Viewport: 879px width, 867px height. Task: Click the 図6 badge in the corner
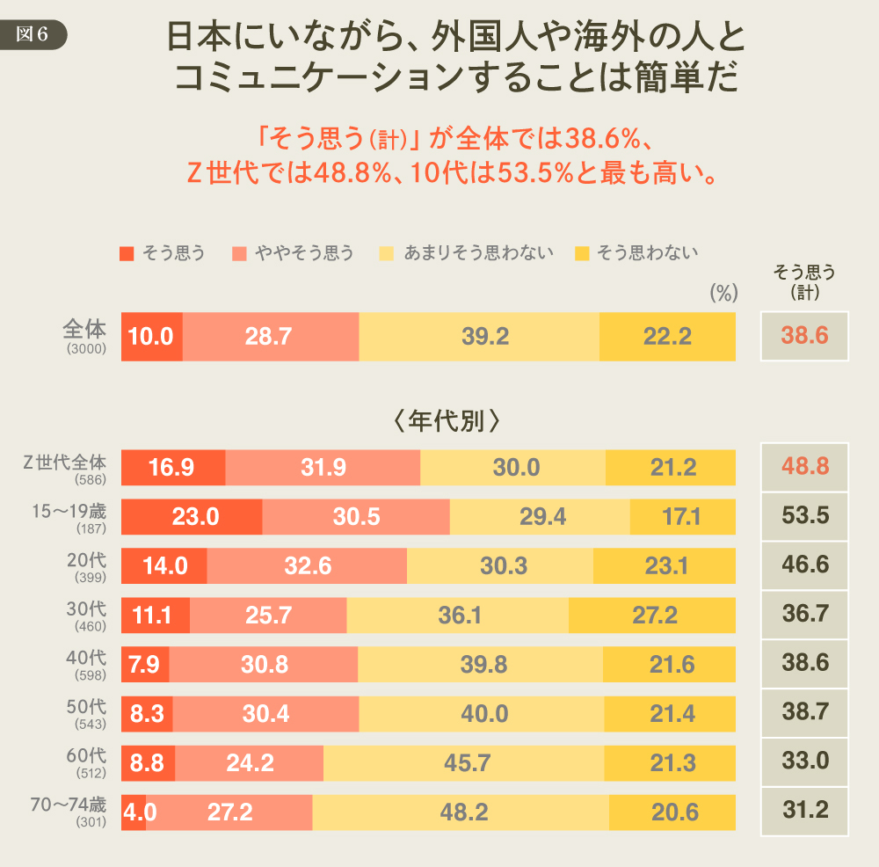pyautogui.click(x=33, y=33)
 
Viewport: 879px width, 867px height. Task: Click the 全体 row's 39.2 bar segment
pyautogui.click(x=479, y=336)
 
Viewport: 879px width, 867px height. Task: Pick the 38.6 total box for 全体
pyautogui.click(x=804, y=336)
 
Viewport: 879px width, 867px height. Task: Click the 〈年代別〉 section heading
pyautogui.click(x=447, y=419)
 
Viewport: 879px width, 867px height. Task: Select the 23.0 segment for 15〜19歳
pyautogui.click(x=192, y=516)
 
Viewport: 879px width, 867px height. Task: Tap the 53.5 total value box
pyautogui.click(x=804, y=516)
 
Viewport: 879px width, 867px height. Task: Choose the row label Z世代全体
pyautogui.click(x=64, y=462)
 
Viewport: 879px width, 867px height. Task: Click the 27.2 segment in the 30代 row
pyautogui.click(x=652, y=615)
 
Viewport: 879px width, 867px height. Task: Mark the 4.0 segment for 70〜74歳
pyautogui.click(x=134, y=811)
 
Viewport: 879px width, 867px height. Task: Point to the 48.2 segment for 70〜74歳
pyautogui.click(x=461, y=811)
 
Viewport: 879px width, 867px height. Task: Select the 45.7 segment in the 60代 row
pyautogui.click(x=466, y=762)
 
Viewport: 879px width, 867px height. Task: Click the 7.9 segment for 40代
pyautogui.click(x=145, y=664)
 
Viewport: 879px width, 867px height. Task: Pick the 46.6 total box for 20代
pyautogui.click(x=804, y=565)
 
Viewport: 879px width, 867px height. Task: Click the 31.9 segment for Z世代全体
pyautogui.click(x=323, y=467)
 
